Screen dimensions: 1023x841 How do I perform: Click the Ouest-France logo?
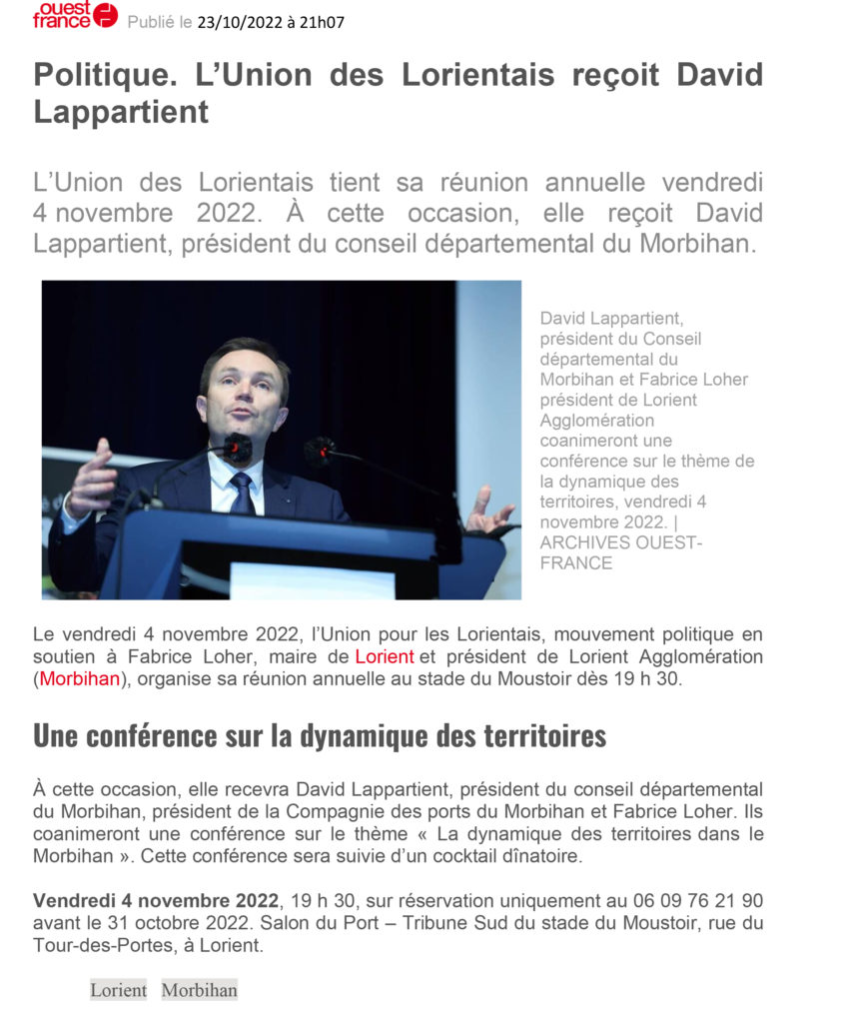pyautogui.click(x=75, y=15)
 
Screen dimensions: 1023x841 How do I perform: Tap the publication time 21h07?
pyautogui.click(x=322, y=22)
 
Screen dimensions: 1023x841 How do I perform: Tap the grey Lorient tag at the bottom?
pyautogui.click(x=118, y=990)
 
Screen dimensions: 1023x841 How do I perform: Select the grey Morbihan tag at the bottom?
pyautogui.click(x=199, y=990)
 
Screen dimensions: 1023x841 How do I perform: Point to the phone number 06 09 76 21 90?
pyautogui.click(x=698, y=900)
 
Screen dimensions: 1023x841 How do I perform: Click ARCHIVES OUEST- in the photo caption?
pyautogui.click(x=620, y=542)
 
